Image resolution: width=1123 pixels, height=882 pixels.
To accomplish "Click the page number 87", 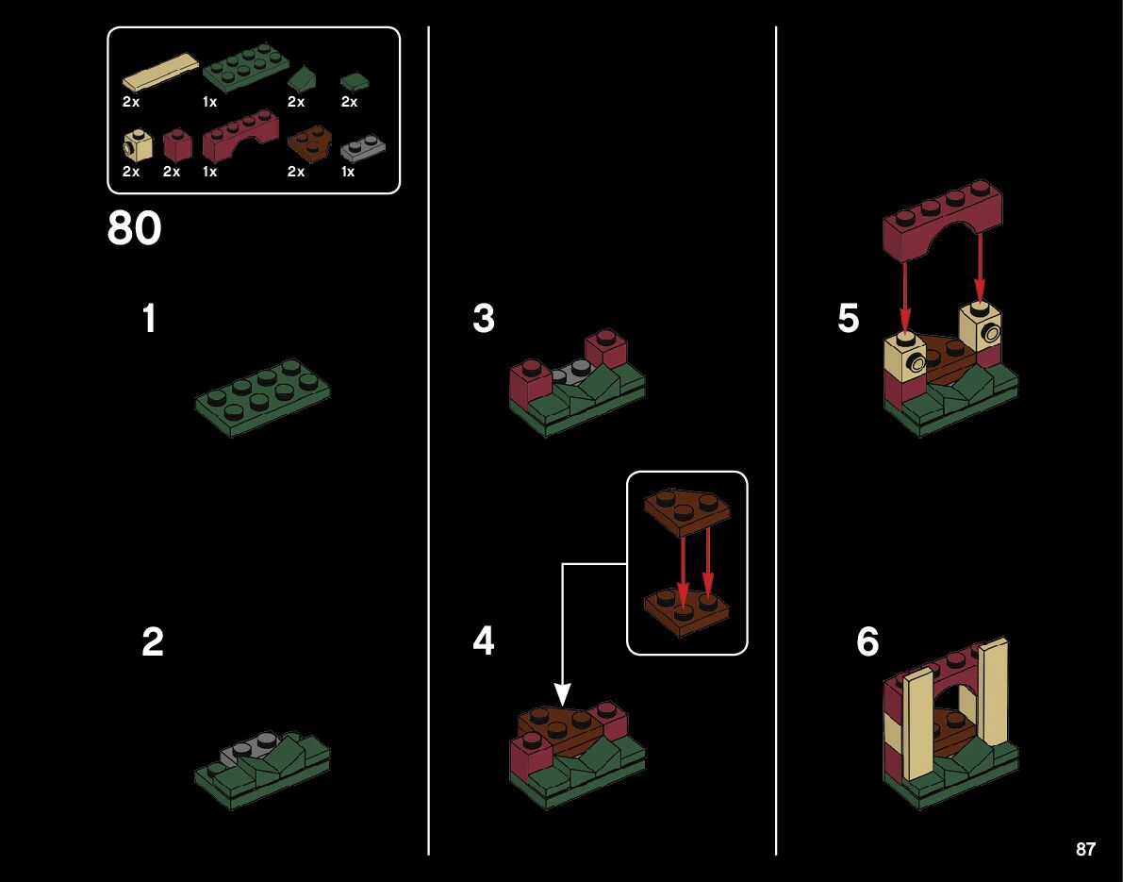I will [1085, 849].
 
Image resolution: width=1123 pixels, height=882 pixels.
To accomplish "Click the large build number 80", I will [135, 228].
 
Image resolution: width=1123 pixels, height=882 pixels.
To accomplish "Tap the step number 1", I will [149, 319].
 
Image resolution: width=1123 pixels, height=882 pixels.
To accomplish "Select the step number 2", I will [152, 643].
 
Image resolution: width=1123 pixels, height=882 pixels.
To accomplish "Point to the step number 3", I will [484, 319].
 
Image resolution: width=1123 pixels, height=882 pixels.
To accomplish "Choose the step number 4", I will [484, 641].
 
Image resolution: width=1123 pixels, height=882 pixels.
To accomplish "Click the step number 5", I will [849, 319].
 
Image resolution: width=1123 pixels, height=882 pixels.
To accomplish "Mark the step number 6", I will [867, 643].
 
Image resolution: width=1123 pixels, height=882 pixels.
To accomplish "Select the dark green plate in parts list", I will [245, 71].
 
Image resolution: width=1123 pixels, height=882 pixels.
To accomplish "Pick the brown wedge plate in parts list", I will [309, 143].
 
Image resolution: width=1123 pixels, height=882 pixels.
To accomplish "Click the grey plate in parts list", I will [361, 146].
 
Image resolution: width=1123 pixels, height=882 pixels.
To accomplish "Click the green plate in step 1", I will [262, 389].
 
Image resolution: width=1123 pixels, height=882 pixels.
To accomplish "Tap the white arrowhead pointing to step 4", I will [561, 695].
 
